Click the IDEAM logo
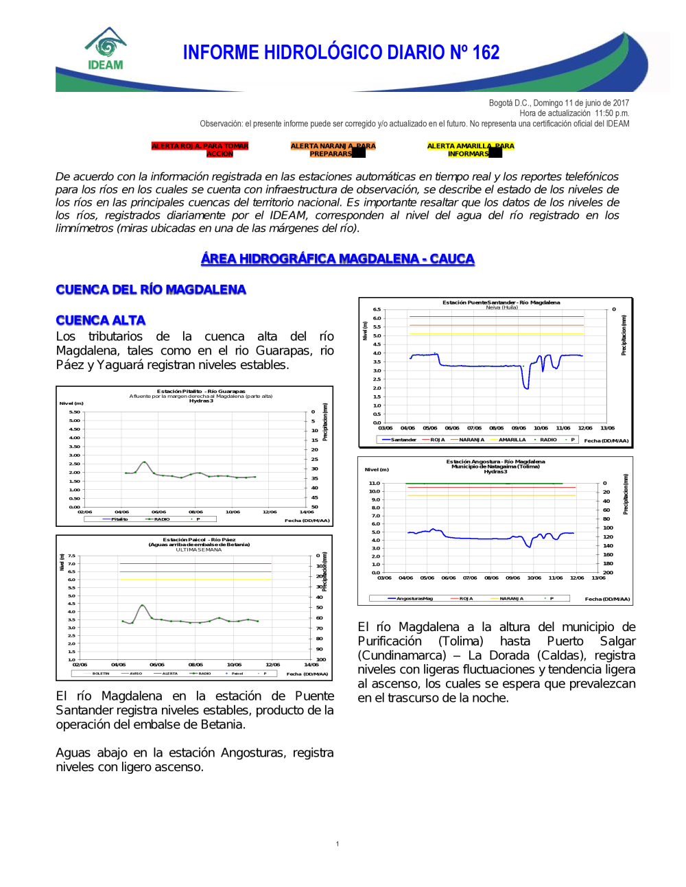[106, 49]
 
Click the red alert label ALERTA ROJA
[200, 150]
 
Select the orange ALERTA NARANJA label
[333, 150]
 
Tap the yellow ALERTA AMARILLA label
[470, 150]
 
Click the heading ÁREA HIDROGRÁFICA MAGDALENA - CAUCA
[338, 259]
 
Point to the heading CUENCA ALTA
[101, 320]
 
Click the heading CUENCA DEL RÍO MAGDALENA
[151, 289]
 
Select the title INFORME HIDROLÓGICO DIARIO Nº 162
[341, 52]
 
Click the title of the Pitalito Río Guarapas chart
[201, 392]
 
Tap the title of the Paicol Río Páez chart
[199, 540]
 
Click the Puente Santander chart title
[501, 303]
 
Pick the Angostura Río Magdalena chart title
[495, 462]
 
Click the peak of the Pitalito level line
[144, 462]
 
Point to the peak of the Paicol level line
[142, 605]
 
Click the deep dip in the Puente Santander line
[526, 388]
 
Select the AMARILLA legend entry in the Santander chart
[512, 440]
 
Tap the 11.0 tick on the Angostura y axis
[375, 484]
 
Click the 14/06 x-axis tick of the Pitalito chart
[307, 512]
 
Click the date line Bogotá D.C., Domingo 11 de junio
[558, 103]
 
